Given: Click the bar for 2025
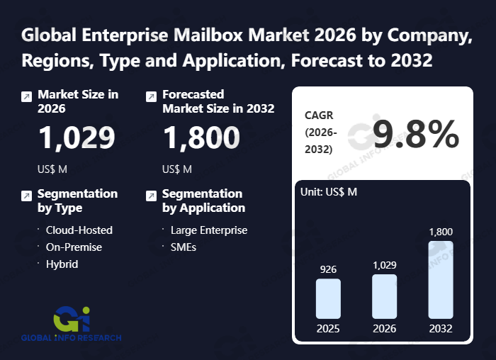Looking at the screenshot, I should [x=328, y=298].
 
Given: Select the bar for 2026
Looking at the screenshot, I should [x=384, y=296].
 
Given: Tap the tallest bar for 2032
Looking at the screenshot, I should [x=440, y=279].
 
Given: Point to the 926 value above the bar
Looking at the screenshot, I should [x=328, y=269].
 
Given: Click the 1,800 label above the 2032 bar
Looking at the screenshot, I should [x=440, y=232].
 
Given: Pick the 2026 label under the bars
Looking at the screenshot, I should [x=384, y=329].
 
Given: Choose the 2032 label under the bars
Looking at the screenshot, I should [x=440, y=329].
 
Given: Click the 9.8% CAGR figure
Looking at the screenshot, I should [x=416, y=134].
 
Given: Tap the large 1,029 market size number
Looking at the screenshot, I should [x=77, y=138].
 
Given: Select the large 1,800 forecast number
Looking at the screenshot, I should [x=201, y=138].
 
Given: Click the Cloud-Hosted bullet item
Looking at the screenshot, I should [x=79, y=230].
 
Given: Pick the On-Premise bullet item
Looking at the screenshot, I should [x=74, y=247].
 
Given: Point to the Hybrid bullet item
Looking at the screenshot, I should [x=62, y=264].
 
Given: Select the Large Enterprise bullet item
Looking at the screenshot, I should [x=208, y=230].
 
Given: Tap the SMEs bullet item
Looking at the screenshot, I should [x=183, y=247].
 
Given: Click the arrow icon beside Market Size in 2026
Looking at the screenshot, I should [x=26, y=96].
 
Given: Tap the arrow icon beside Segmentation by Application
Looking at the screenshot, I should [x=151, y=196].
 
